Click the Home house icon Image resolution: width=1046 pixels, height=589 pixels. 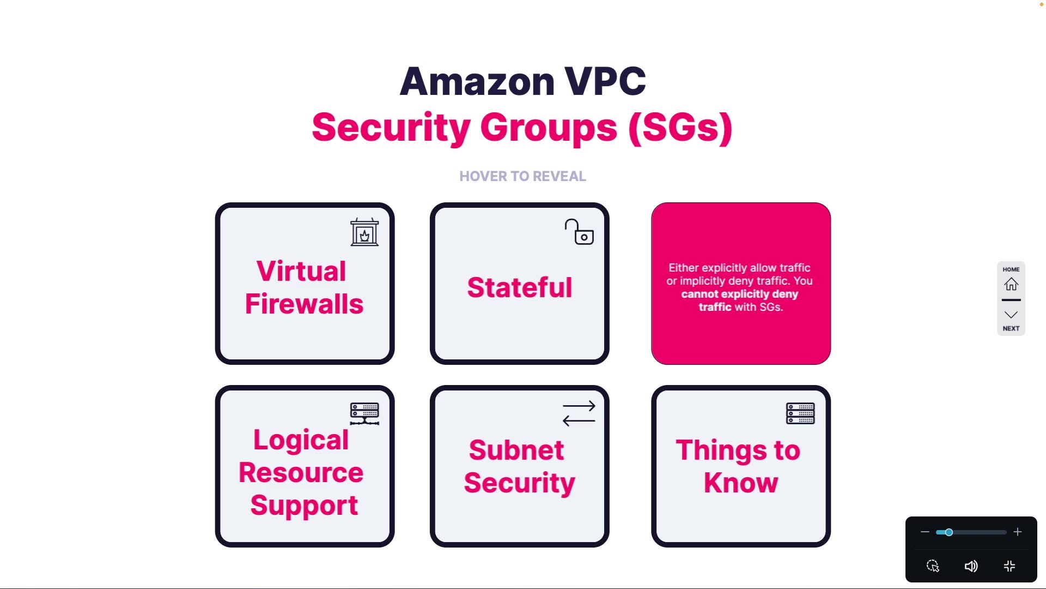point(1011,284)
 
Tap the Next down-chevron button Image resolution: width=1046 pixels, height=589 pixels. point(1011,315)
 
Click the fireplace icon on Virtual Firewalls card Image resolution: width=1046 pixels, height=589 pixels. point(364,232)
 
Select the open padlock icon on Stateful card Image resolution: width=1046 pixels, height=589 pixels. point(579,232)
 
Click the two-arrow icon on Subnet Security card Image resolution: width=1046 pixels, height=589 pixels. point(579,413)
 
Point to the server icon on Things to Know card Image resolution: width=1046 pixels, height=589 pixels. point(800,413)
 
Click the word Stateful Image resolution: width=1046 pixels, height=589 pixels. point(520,287)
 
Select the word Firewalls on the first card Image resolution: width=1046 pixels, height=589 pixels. point(304,304)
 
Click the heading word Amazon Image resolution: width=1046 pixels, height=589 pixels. point(477,81)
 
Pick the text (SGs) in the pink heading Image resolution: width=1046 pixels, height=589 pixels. point(680,128)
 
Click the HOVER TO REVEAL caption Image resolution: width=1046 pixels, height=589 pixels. point(522,176)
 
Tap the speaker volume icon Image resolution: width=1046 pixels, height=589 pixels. point(971,566)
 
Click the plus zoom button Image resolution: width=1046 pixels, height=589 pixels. point(1017,532)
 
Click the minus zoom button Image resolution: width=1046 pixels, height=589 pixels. point(925,532)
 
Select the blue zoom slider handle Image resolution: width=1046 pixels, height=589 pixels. point(949,532)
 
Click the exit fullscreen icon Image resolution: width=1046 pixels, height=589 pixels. point(1009,566)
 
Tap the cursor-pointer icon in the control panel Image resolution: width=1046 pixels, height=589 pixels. point(933,566)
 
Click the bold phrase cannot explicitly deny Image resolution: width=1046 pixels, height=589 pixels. point(739,294)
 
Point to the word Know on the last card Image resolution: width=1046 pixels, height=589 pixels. point(741,483)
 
